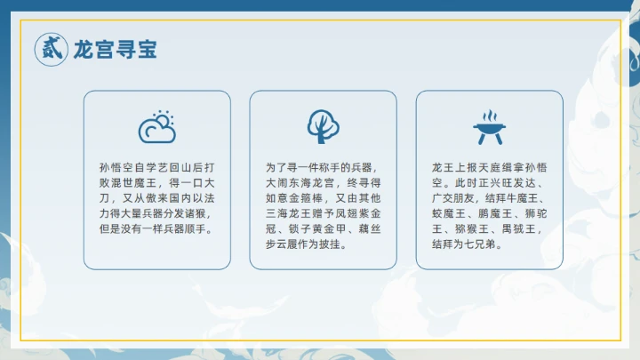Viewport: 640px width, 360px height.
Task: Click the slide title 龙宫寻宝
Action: coord(115,49)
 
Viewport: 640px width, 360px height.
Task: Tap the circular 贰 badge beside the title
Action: coord(51,49)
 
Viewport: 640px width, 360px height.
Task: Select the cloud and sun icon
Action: coord(156,128)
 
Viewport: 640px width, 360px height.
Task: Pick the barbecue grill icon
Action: coord(488,128)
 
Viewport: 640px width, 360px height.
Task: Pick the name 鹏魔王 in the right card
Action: coord(497,213)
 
